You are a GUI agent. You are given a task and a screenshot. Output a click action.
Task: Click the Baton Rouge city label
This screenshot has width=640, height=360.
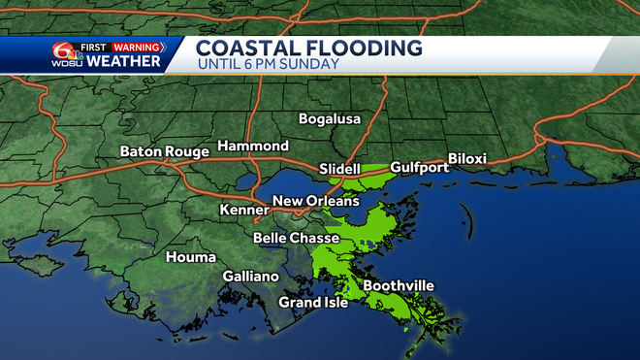click(x=164, y=151)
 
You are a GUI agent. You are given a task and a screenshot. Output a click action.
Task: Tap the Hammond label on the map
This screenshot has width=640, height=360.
click(x=252, y=146)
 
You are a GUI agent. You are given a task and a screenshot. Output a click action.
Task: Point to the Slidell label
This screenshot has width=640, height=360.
click(x=339, y=169)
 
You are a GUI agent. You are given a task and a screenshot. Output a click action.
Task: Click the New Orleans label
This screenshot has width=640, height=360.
click(x=315, y=201)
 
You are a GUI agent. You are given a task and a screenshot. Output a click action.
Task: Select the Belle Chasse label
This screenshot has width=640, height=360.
click(x=296, y=238)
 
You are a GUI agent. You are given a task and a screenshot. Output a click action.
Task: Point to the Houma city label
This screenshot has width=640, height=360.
click(x=184, y=257)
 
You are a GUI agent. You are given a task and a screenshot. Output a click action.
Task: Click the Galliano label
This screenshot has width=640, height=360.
click(x=250, y=276)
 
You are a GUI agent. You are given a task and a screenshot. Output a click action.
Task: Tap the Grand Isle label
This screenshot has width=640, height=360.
click(x=313, y=302)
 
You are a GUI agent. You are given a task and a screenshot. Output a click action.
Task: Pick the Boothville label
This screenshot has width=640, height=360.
click(x=398, y=285)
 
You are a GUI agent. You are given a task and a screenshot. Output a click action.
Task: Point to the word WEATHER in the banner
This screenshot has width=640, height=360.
click(x=124, y=61)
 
